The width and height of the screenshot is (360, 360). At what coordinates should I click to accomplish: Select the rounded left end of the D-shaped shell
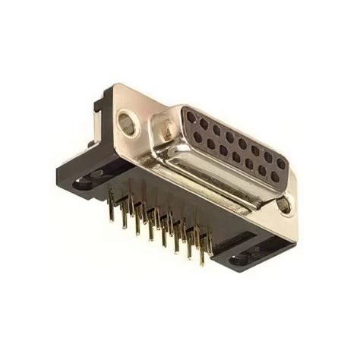[169, 125]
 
